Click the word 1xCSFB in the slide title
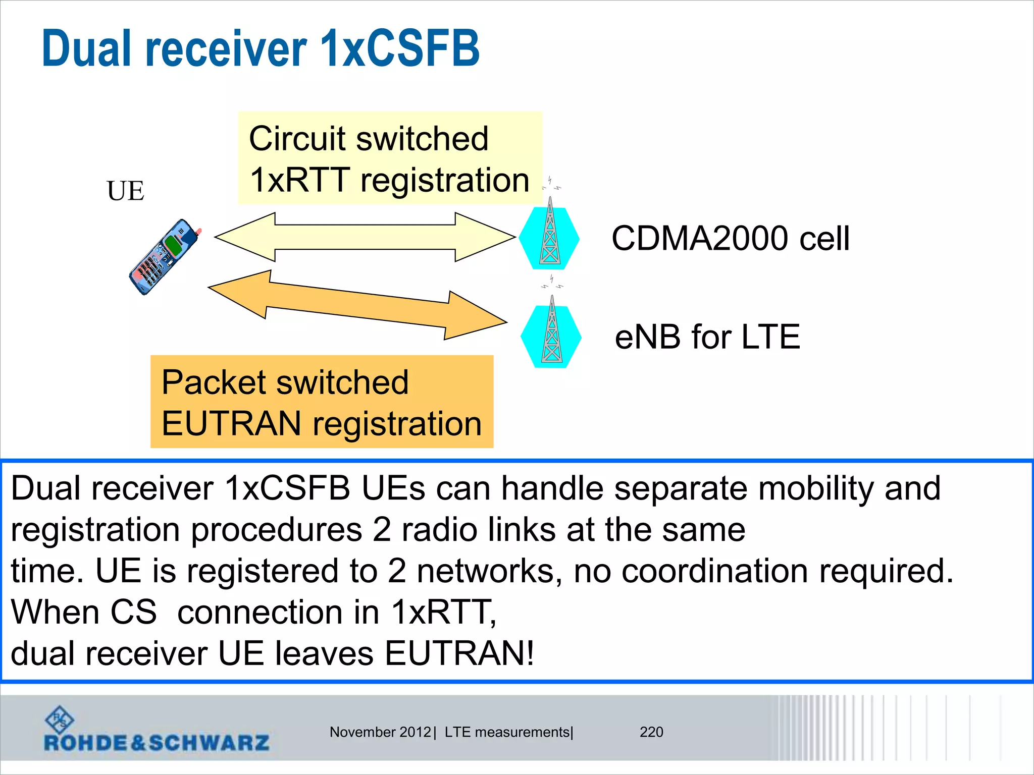(399, 48)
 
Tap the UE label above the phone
(125, 191)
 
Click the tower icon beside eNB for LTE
(551, 335)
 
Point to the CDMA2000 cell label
(730, 238)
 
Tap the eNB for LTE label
(707, 337)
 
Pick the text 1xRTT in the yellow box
(300, 180)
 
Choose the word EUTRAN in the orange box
(231, 423)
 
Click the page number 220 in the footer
(651, 732)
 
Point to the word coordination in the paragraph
(715, 571)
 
